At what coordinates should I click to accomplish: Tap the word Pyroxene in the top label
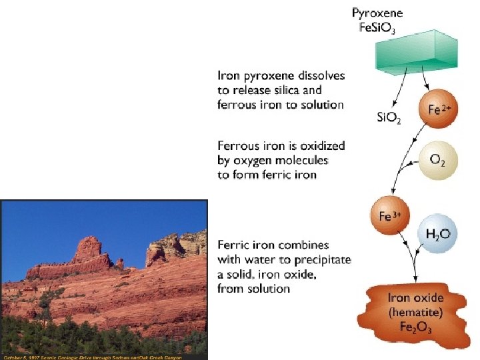(377, 13)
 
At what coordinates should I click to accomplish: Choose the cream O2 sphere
(436, 160)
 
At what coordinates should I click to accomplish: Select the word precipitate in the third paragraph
(323, 260)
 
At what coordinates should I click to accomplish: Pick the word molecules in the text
(304, 160)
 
